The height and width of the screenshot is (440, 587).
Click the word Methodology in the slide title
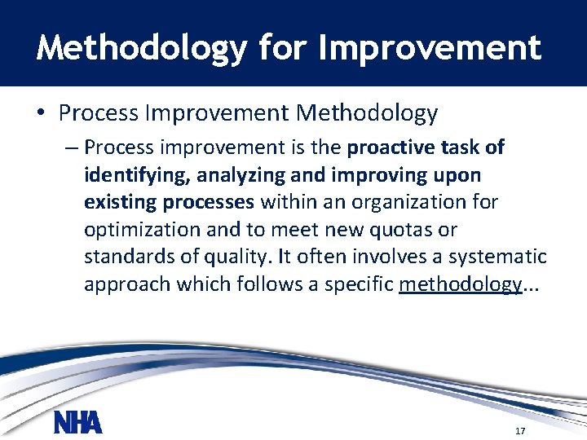(x=140, y=48)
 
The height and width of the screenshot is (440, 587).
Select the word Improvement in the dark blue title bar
(x=430, y=48)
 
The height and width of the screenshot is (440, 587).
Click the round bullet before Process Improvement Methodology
(x=42, y=113)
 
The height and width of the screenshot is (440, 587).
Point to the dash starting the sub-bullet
(x=71, y=147)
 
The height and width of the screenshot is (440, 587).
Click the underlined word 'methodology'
(x=461, y=284)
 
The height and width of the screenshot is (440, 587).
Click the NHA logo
(x=77, y=423)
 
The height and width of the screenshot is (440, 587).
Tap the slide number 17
(x=521, y=430)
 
